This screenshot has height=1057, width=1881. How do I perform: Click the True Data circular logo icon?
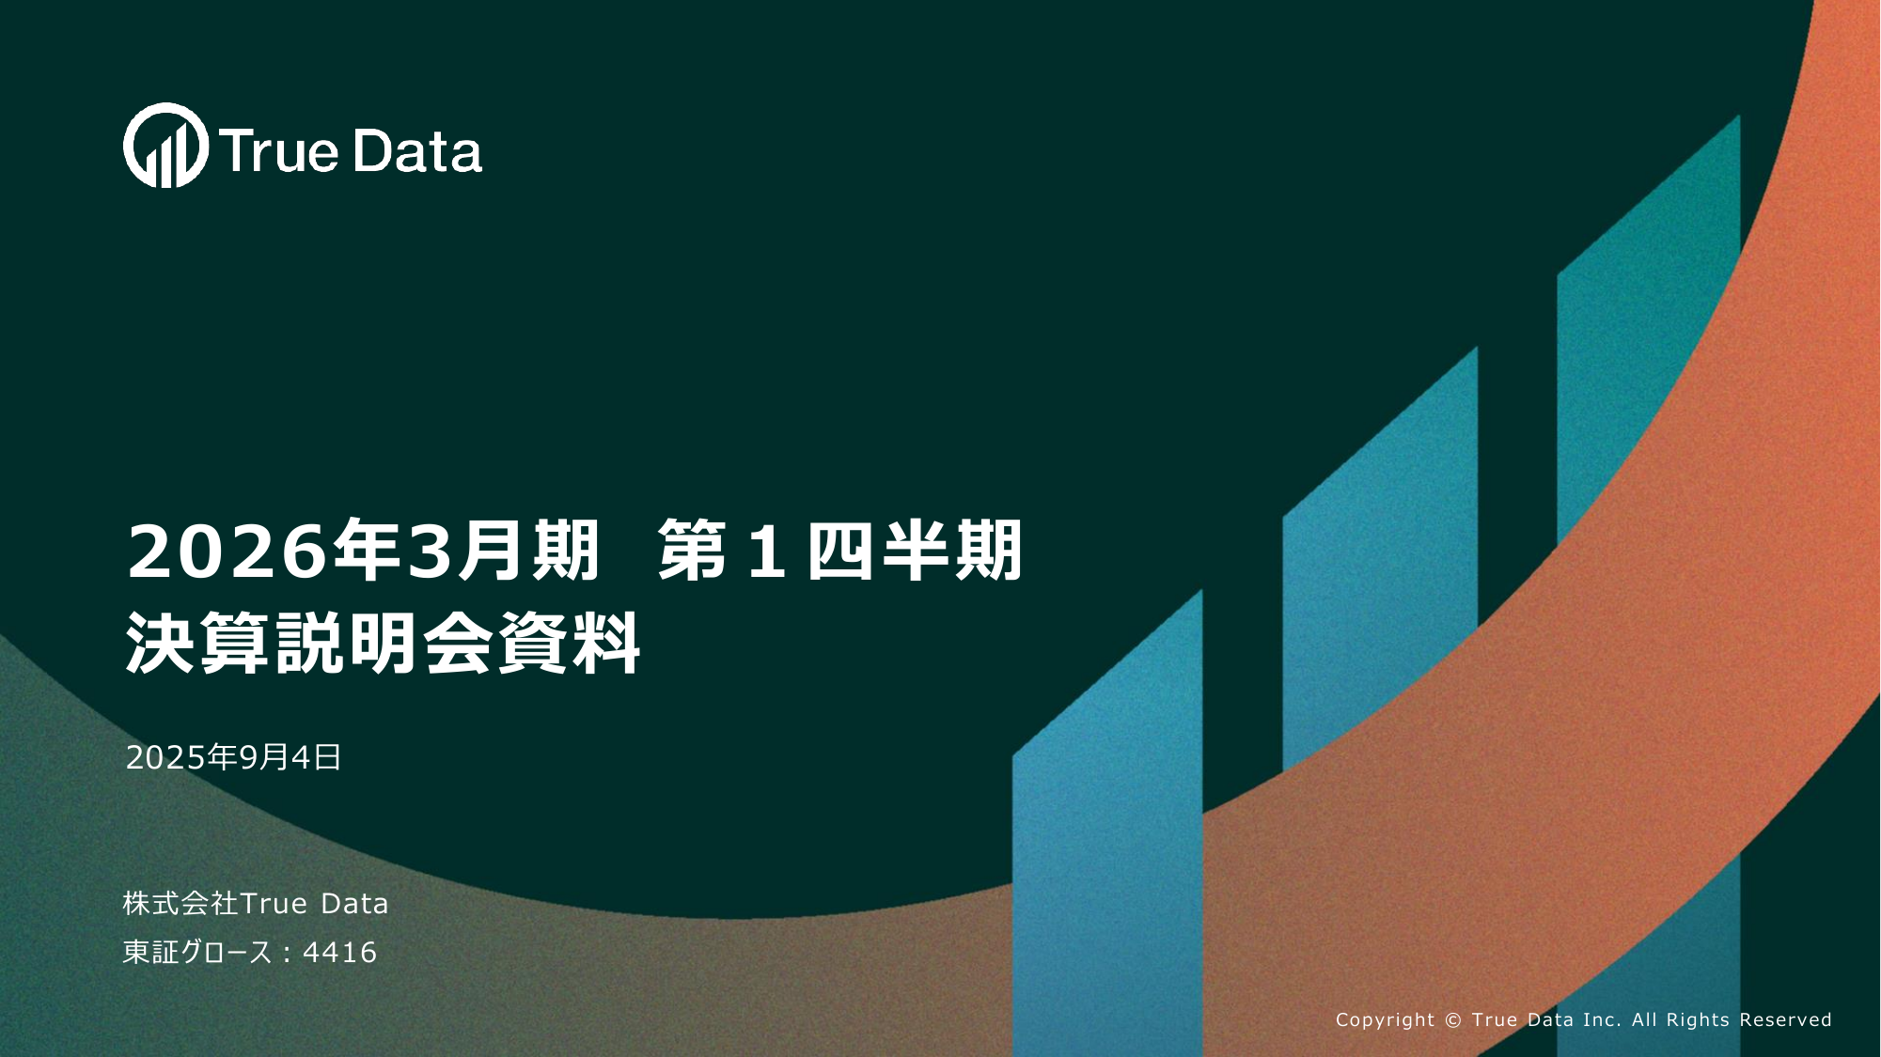pos(165,146)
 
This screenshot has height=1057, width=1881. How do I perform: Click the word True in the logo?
pos(278,152)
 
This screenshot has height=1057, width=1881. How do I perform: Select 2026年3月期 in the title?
pos(363,551)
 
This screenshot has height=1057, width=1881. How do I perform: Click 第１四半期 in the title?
pos(839,551)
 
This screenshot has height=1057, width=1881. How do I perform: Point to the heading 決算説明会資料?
pos(383,644)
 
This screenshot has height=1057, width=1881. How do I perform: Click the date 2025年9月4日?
pos(233,757)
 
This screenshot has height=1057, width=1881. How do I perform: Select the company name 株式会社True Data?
pos(256,903)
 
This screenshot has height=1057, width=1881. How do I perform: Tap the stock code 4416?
pos(339,953)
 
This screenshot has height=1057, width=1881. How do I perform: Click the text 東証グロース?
pos(197,953)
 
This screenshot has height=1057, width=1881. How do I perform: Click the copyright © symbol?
pos(1453,1020)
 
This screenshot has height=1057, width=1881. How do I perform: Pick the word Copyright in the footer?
pos(1385,1020)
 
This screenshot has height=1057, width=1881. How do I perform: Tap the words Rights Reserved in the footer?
pos(1748,1020)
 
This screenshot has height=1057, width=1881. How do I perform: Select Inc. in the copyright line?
pos(1603,1020)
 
